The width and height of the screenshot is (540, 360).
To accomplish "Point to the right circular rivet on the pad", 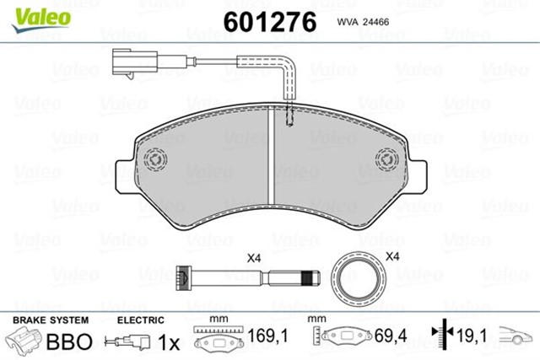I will [386, 159].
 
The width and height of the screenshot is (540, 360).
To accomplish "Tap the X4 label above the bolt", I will [252, 258].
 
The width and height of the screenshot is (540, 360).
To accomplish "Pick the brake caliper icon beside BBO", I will [25, 342].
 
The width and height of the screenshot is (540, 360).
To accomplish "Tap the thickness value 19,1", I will [473, 337].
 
